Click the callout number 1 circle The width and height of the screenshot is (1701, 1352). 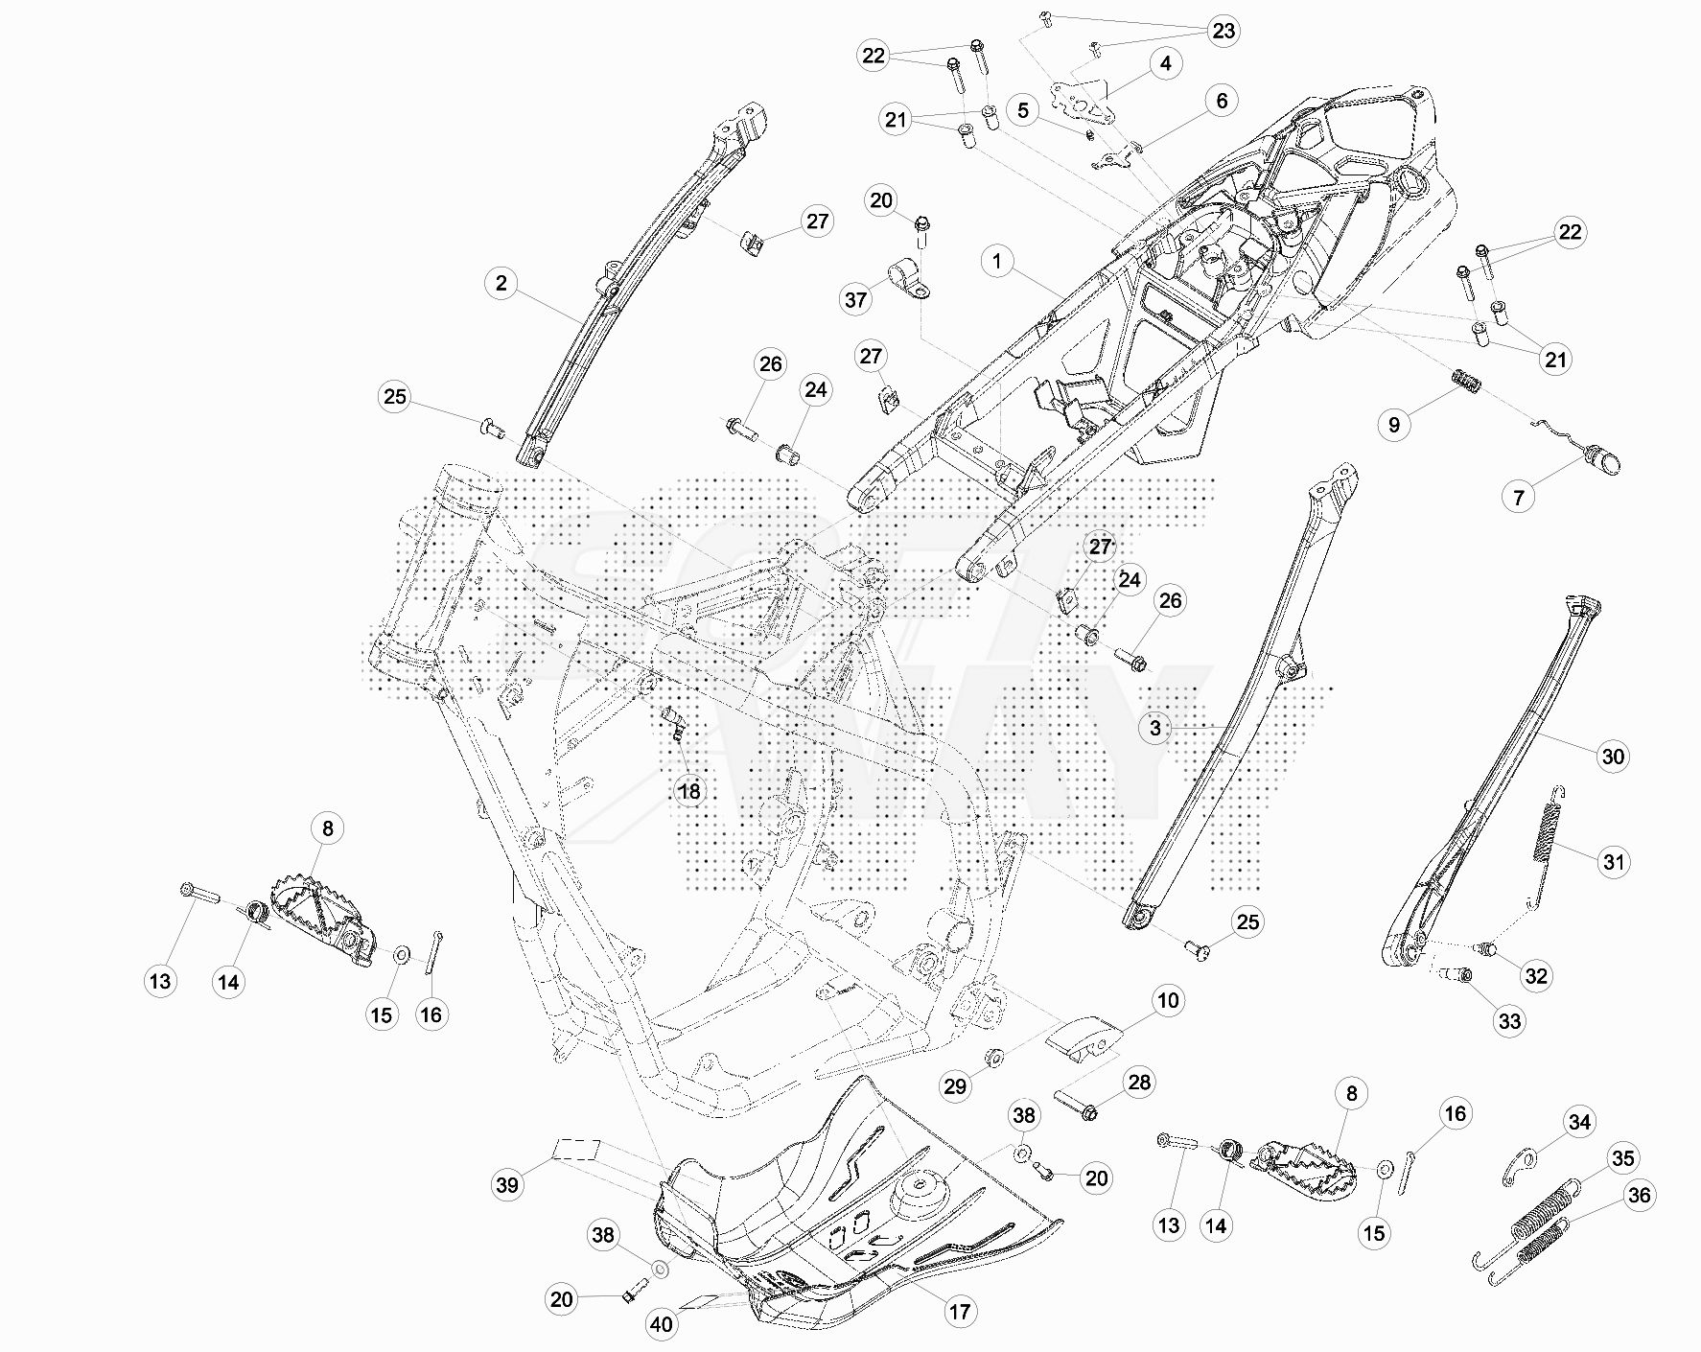tap(997, 261)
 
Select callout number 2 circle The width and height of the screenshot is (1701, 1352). tap(501, 284)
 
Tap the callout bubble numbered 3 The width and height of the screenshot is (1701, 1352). tap(1155, 728)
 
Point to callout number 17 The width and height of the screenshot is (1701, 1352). tap(960, 1312)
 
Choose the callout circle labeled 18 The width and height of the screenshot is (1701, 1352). tap(689, 791)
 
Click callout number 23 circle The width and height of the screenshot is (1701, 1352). tap(1223, 31)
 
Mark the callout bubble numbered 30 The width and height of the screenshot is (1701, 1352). tap(1614, 757)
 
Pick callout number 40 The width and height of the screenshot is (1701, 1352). tap(662, 1325)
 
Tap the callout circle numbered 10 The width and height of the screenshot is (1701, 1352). tap(1168, 1001)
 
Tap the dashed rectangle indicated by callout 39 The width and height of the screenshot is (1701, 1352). tap(575, 1150)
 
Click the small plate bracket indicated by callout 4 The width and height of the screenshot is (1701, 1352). tap(1082, 101)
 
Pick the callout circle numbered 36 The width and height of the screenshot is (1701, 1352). tap(1640, 1196)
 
